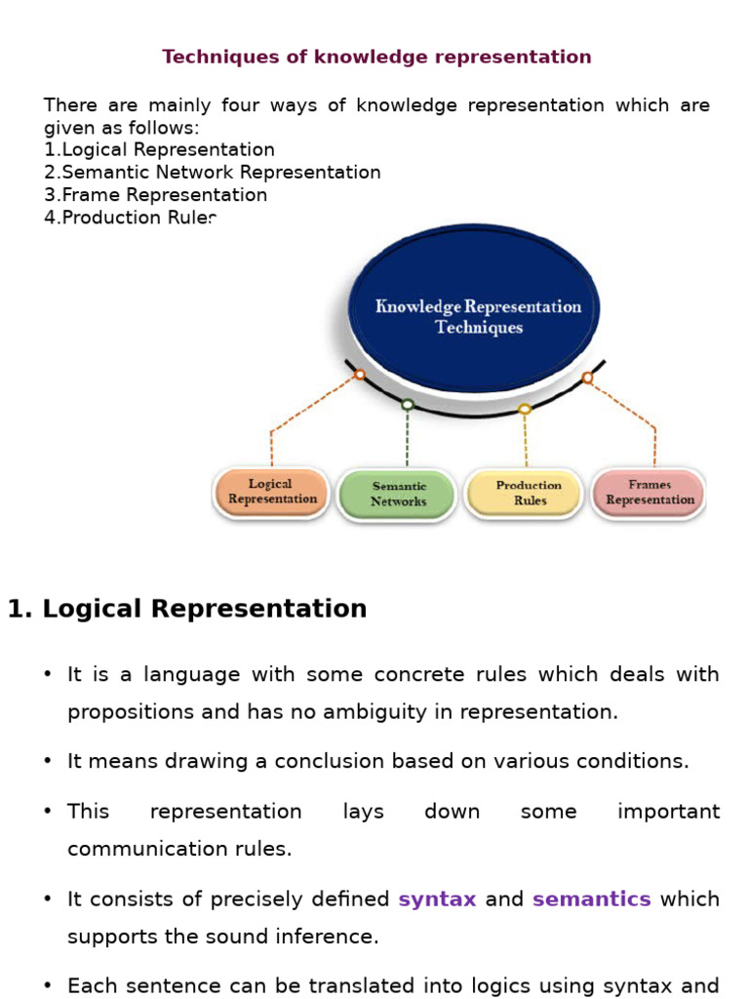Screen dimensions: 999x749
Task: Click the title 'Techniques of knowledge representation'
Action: (376, 57)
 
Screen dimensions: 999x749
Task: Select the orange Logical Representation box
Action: (271, 492)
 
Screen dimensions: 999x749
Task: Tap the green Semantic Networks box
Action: (398, 494)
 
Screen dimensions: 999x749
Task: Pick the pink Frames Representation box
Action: (650, 492)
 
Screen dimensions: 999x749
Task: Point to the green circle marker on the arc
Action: (408, 404)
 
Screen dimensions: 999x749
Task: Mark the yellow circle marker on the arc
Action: (525, 409)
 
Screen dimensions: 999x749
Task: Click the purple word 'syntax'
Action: (437, 899)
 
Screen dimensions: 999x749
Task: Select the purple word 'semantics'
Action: (591, 899)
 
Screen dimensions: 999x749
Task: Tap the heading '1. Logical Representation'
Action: (187, 609)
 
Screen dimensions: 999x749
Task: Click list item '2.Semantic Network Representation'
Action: (212, 173)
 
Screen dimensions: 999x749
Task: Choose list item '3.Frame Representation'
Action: (155, 195)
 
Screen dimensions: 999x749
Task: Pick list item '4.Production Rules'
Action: (130, 218)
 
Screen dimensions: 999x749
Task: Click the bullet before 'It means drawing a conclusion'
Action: (48, 762)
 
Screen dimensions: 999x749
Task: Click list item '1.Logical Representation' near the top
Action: (159, 150)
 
